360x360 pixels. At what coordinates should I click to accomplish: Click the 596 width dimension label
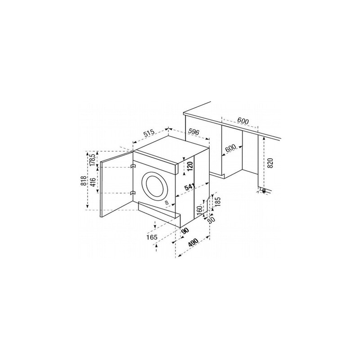pos(193,132)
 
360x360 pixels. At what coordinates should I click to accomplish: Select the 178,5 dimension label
pos(92,160)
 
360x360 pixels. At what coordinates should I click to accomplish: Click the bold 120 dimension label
pos(189,166)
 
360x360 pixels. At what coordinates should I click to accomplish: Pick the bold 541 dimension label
pos(190,187)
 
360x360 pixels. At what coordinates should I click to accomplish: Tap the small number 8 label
pos(167,202)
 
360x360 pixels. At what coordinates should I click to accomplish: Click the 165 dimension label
pos(152,237)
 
